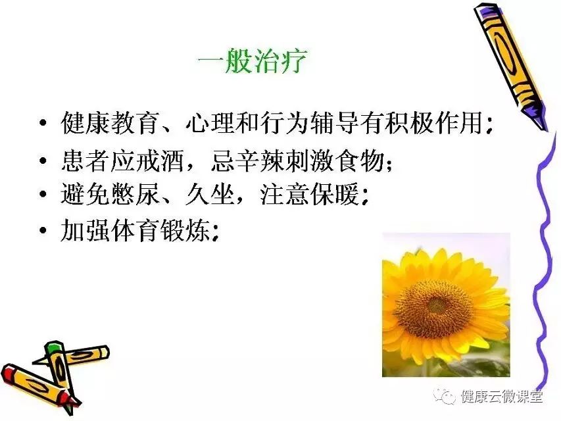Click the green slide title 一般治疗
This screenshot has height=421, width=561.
coord(252,61)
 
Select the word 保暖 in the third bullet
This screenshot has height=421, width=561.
coord(335,195)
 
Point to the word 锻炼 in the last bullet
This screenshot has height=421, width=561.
coord(185,230)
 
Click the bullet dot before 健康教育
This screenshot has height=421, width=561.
coord(43,124)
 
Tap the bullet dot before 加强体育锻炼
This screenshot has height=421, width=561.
coord(43,230)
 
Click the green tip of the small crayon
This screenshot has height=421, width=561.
coord(52,347)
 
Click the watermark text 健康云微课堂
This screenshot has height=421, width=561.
coord(502,396)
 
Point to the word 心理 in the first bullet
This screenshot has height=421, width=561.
coord(210,123)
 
